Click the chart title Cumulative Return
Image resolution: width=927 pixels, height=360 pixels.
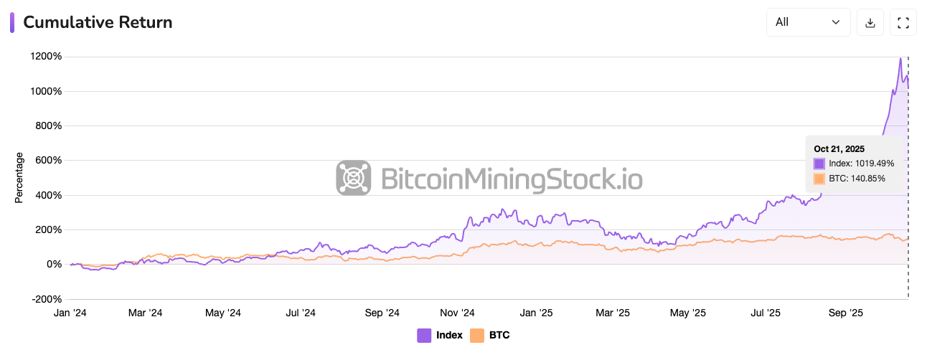pyautogui.click(x=98, y=22)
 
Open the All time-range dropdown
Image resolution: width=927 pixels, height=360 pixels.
pyautogui.click(x=808, y=22)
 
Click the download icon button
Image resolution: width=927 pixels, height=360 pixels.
pyautogui.click(x=870, y=22)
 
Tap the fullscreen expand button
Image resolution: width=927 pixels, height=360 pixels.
pyautogui.click(x=903, y=22)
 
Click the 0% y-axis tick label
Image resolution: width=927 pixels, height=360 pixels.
pyautogui.click(x=55, y=265)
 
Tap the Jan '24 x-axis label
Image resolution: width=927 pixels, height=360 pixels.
pyautogui.click(x=70, y=313)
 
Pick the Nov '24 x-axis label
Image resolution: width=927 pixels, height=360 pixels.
pyautogui.click(x=457, y=313)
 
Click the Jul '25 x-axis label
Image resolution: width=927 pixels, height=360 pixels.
pyautogui.click(x=765, y=313)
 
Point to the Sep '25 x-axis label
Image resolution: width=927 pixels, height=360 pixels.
pyautogui.click(x=846, y=313)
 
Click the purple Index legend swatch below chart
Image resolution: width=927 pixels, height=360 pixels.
pyautogui.click(x=424, y=335)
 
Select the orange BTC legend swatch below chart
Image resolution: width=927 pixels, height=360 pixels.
pyautogui.click(x=476, y=335)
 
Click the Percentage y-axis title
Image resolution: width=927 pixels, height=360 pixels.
pyautogui.click(x=19, y=177)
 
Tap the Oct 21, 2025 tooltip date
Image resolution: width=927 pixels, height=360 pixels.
pyautogui.click(x=839, y=148)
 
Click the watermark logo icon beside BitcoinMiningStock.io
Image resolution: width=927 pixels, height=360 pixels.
pyautogui.click(x=354, y=178)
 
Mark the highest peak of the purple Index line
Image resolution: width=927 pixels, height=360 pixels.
pyautogui.click(x=900, y=59)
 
